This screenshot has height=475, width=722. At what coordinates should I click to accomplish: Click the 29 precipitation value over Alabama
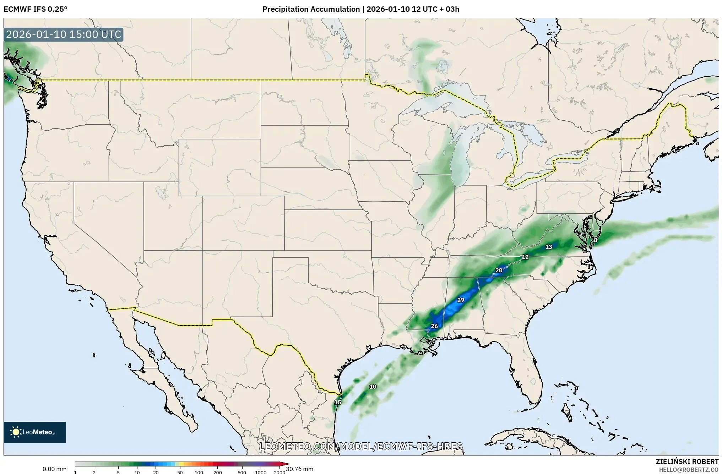(461, 300)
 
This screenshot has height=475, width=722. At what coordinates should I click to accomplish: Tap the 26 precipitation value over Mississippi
(434, 326)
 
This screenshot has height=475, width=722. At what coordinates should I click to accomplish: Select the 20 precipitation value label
(499, 271)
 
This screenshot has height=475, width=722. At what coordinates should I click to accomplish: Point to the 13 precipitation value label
(549, 247)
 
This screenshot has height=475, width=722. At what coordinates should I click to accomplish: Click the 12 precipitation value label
(525, 257)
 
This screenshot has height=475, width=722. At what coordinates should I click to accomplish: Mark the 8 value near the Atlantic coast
(596, 240)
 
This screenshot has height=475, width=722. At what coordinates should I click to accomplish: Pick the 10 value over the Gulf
(373, 387)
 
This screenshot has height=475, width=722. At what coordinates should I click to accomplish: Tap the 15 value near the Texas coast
(338, 402)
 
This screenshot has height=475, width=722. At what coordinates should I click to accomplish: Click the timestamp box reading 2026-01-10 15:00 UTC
(64, 35)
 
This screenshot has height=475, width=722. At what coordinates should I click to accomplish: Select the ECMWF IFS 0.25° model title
(36, 9)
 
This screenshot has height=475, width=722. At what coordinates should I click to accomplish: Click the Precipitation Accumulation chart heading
(361, 9)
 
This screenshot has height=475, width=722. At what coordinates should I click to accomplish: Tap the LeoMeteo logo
(35, 432)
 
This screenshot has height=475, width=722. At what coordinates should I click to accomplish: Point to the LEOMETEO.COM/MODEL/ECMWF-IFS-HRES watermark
(361, 446)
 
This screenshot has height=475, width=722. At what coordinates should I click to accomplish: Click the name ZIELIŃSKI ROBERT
(687, 462)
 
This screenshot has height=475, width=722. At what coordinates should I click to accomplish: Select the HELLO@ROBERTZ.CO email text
(689, 469)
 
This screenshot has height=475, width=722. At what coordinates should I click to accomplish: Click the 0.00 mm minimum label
(54, 469)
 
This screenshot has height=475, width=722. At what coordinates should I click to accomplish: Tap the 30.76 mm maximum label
(300, 469)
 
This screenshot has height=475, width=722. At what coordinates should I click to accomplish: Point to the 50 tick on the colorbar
(180, 473)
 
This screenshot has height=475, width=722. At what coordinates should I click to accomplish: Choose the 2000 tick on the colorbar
(279, 473)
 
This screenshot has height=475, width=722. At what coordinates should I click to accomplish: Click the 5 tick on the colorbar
(118, 473)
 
